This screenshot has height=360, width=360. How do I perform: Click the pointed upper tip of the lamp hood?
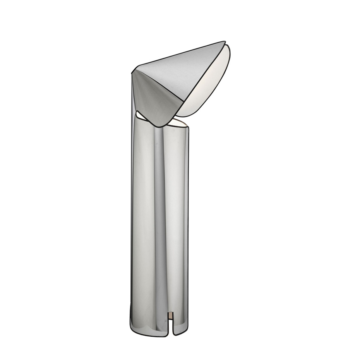pyautogui.click(x=225, y=42)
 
